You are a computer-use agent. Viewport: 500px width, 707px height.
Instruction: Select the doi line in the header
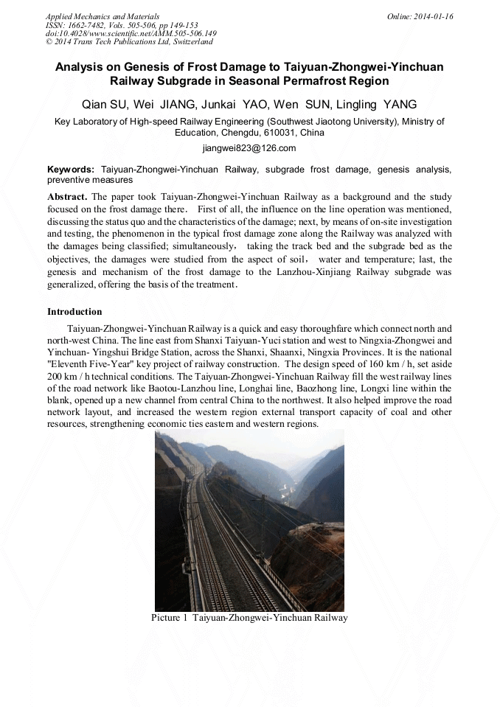tap(131, 33)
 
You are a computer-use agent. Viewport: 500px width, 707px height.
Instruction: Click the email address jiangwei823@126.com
tap(249, 148)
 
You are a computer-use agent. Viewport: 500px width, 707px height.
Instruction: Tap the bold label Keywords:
tap(71, 169)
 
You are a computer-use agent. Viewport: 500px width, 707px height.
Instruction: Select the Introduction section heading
tap(74, 312)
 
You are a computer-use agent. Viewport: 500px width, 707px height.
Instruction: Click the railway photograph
tap(249, 520)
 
